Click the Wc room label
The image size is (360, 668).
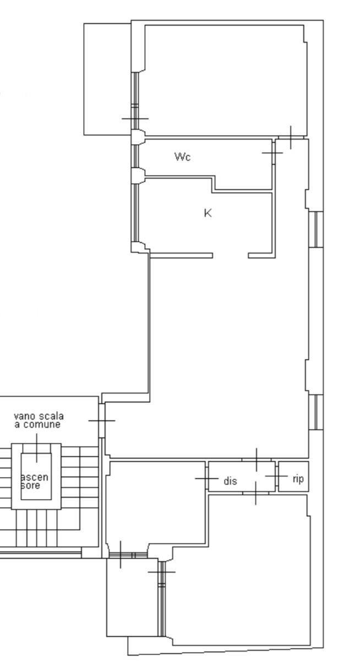click(x=182, y=157)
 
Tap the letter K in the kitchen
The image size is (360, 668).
click(x=208, y=213)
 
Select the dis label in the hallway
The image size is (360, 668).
click(x=230, y=481)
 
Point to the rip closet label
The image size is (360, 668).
click(x=298, y=479)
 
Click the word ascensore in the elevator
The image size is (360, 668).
click(x=34, y=481)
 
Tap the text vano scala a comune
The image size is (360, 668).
click(x=39, y=420)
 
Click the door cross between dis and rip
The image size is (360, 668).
click(x=276, y=476)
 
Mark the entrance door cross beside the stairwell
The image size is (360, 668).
click(x=102, y=420)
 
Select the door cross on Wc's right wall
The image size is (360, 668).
click(x=273, y=153)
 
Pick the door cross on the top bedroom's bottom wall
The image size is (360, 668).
click(x=291, y=138)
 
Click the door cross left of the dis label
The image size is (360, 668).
click(x=206, y=478)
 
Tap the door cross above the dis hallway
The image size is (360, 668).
click(x=257, y=459)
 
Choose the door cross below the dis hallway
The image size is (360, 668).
click(x=255, y=493)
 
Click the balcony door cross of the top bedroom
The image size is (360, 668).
click(x=135, y=119)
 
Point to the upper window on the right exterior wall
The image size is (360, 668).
click(x=316, y=229)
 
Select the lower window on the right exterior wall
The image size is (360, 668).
click(x=316, y=412)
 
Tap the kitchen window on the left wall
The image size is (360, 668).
click(x=135, y=212)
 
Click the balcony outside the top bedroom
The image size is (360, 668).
click(x=107, y=79)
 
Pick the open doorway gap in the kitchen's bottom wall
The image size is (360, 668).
click(x=231, y=255)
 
